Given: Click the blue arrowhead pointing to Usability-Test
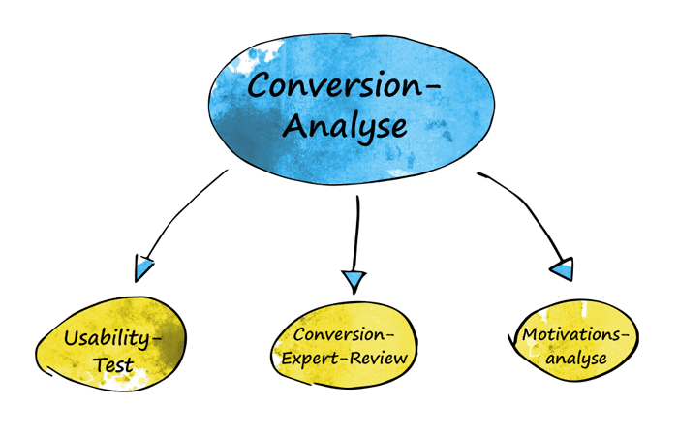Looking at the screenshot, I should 143,268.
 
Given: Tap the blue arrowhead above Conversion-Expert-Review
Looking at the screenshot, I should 354,279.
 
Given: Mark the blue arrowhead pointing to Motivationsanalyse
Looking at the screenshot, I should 562,269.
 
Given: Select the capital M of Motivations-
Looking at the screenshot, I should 531,334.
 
